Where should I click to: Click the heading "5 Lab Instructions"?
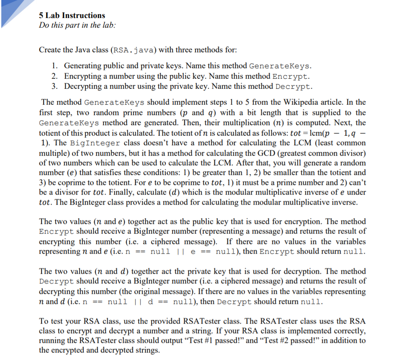72,15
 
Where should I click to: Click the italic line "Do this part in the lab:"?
77,25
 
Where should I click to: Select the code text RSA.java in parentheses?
134,50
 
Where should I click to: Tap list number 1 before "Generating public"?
55,66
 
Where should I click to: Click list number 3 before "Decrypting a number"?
55,86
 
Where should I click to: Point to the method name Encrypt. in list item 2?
291,76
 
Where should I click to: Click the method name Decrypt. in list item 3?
294,86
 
